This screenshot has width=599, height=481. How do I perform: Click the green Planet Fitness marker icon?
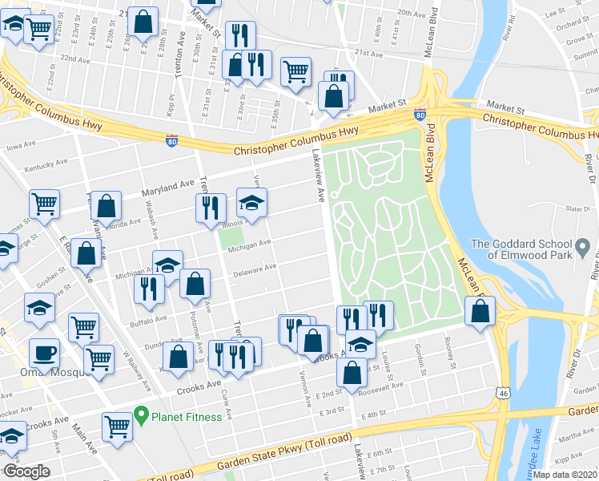[142, 416]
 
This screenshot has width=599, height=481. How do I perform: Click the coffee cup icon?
[44, 352]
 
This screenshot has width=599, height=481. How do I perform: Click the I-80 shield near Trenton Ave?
[172, 140]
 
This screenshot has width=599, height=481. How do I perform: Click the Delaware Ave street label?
[255, 271]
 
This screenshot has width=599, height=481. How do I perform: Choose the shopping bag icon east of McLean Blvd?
[479, 313]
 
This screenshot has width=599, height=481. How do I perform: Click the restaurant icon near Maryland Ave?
[210, 208]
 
